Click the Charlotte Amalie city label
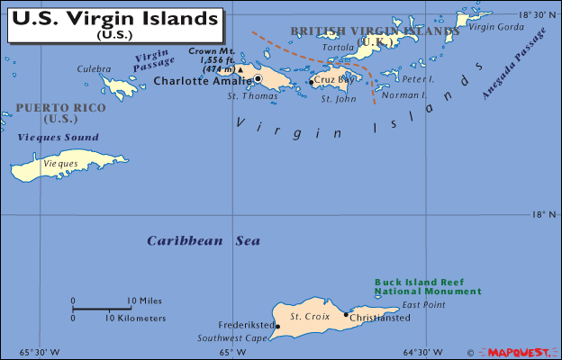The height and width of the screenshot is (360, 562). click(203, 80)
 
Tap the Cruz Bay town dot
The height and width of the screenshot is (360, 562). click(312, 82)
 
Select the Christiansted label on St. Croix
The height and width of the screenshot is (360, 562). click(380, 317)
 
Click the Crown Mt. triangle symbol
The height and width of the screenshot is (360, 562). click(240, 68)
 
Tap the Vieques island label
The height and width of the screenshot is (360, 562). click(61, 164)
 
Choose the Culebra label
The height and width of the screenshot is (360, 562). click(94, 68)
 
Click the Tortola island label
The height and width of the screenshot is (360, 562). click(339, 47)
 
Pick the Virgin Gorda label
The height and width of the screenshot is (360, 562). click(494, 26)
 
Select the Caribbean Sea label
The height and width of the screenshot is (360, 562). click(204, 240)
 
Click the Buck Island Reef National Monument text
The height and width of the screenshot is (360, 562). click(428, 286)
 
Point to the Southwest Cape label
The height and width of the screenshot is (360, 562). click(232, 338)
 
